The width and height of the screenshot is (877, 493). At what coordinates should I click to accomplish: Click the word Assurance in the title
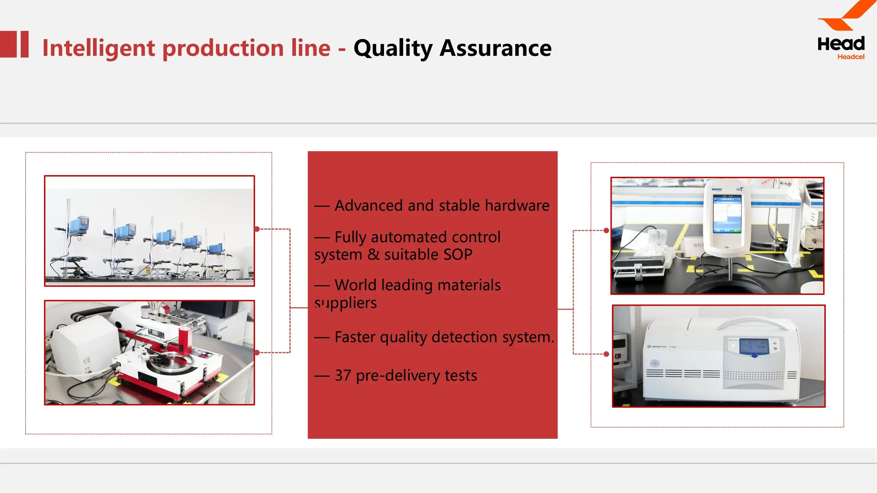point(495,48)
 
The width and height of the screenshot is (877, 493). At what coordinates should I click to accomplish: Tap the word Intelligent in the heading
point(99,48)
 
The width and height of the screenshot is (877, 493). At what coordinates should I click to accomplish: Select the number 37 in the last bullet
point(343,375)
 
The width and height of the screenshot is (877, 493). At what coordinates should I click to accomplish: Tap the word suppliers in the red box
point(345,303)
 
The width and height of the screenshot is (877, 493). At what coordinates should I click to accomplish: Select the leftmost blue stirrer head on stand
point(79,225)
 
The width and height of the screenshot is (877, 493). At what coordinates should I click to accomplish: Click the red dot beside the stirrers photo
point(257,229)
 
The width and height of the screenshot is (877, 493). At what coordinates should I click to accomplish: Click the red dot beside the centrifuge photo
point(606,354)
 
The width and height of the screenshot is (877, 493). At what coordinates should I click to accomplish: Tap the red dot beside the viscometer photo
point(606,230)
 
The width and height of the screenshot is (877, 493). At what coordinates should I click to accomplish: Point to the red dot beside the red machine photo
point(257,353)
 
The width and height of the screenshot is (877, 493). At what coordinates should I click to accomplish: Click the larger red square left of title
point(8,44)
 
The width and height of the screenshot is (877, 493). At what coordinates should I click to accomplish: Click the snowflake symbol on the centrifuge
point(654,364)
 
